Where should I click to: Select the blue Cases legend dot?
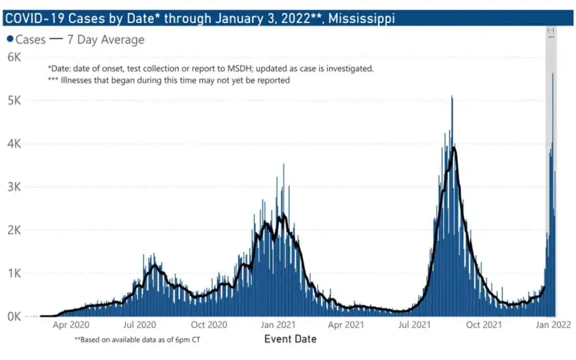tap(9, 40)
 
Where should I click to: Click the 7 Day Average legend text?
tap(106, 40)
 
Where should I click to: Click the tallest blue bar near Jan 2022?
tap(553, 73)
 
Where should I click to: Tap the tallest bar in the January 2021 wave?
tap(284, 164)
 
